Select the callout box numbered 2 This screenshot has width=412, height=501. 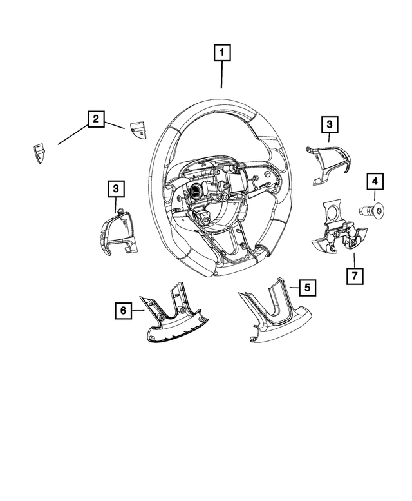[95, 119]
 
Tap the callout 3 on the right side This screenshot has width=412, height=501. [328, 124]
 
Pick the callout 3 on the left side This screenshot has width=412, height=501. [115, 188]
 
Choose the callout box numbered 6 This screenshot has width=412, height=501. [122, 311]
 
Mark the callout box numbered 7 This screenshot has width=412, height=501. [353, 275]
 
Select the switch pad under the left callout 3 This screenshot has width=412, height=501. [117, 233]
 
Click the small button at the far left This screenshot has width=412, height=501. [40, 153]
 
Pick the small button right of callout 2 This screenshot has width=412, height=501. [138, 128]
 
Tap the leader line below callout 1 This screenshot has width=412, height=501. [222, 76]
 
